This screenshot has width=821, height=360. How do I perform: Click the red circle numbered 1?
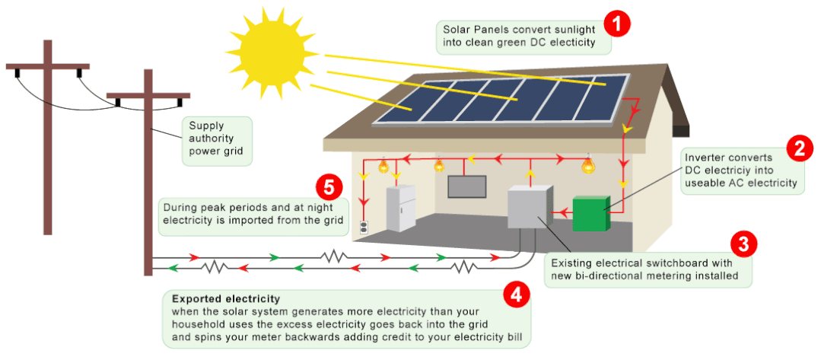click(618, 23)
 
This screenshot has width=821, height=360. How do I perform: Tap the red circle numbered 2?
click(799, 148)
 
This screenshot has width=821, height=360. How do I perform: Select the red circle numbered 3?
click(743, 244)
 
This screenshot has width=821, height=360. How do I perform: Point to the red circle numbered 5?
click(328, 185)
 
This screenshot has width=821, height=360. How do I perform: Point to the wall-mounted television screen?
click(466, 186)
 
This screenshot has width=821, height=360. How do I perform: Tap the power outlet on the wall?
click(364, 227)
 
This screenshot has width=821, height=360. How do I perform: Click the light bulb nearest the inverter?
click(587, 164)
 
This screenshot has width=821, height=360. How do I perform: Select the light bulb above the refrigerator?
click(384, 164)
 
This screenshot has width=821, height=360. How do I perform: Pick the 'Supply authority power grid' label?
click(217, 142)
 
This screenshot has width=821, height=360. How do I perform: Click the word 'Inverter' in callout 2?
click(706, 158)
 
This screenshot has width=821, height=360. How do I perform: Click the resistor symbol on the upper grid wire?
click(336, 257)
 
